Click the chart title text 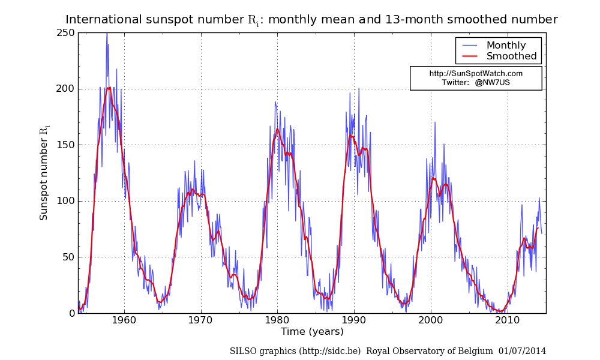311,20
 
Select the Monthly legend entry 506,46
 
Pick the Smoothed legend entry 511,56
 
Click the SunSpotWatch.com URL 476,73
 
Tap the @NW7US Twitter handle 492,82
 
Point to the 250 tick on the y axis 67,32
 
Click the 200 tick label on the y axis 67,89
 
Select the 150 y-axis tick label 67,145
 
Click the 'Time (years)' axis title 312,332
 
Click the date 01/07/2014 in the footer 523,351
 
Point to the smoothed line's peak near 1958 109,88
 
